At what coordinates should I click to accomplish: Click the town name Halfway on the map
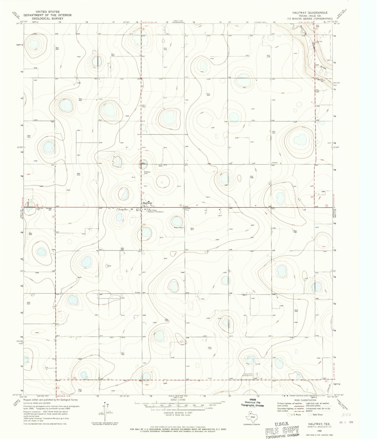[147, 203]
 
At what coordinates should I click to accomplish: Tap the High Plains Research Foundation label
[156, 211]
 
